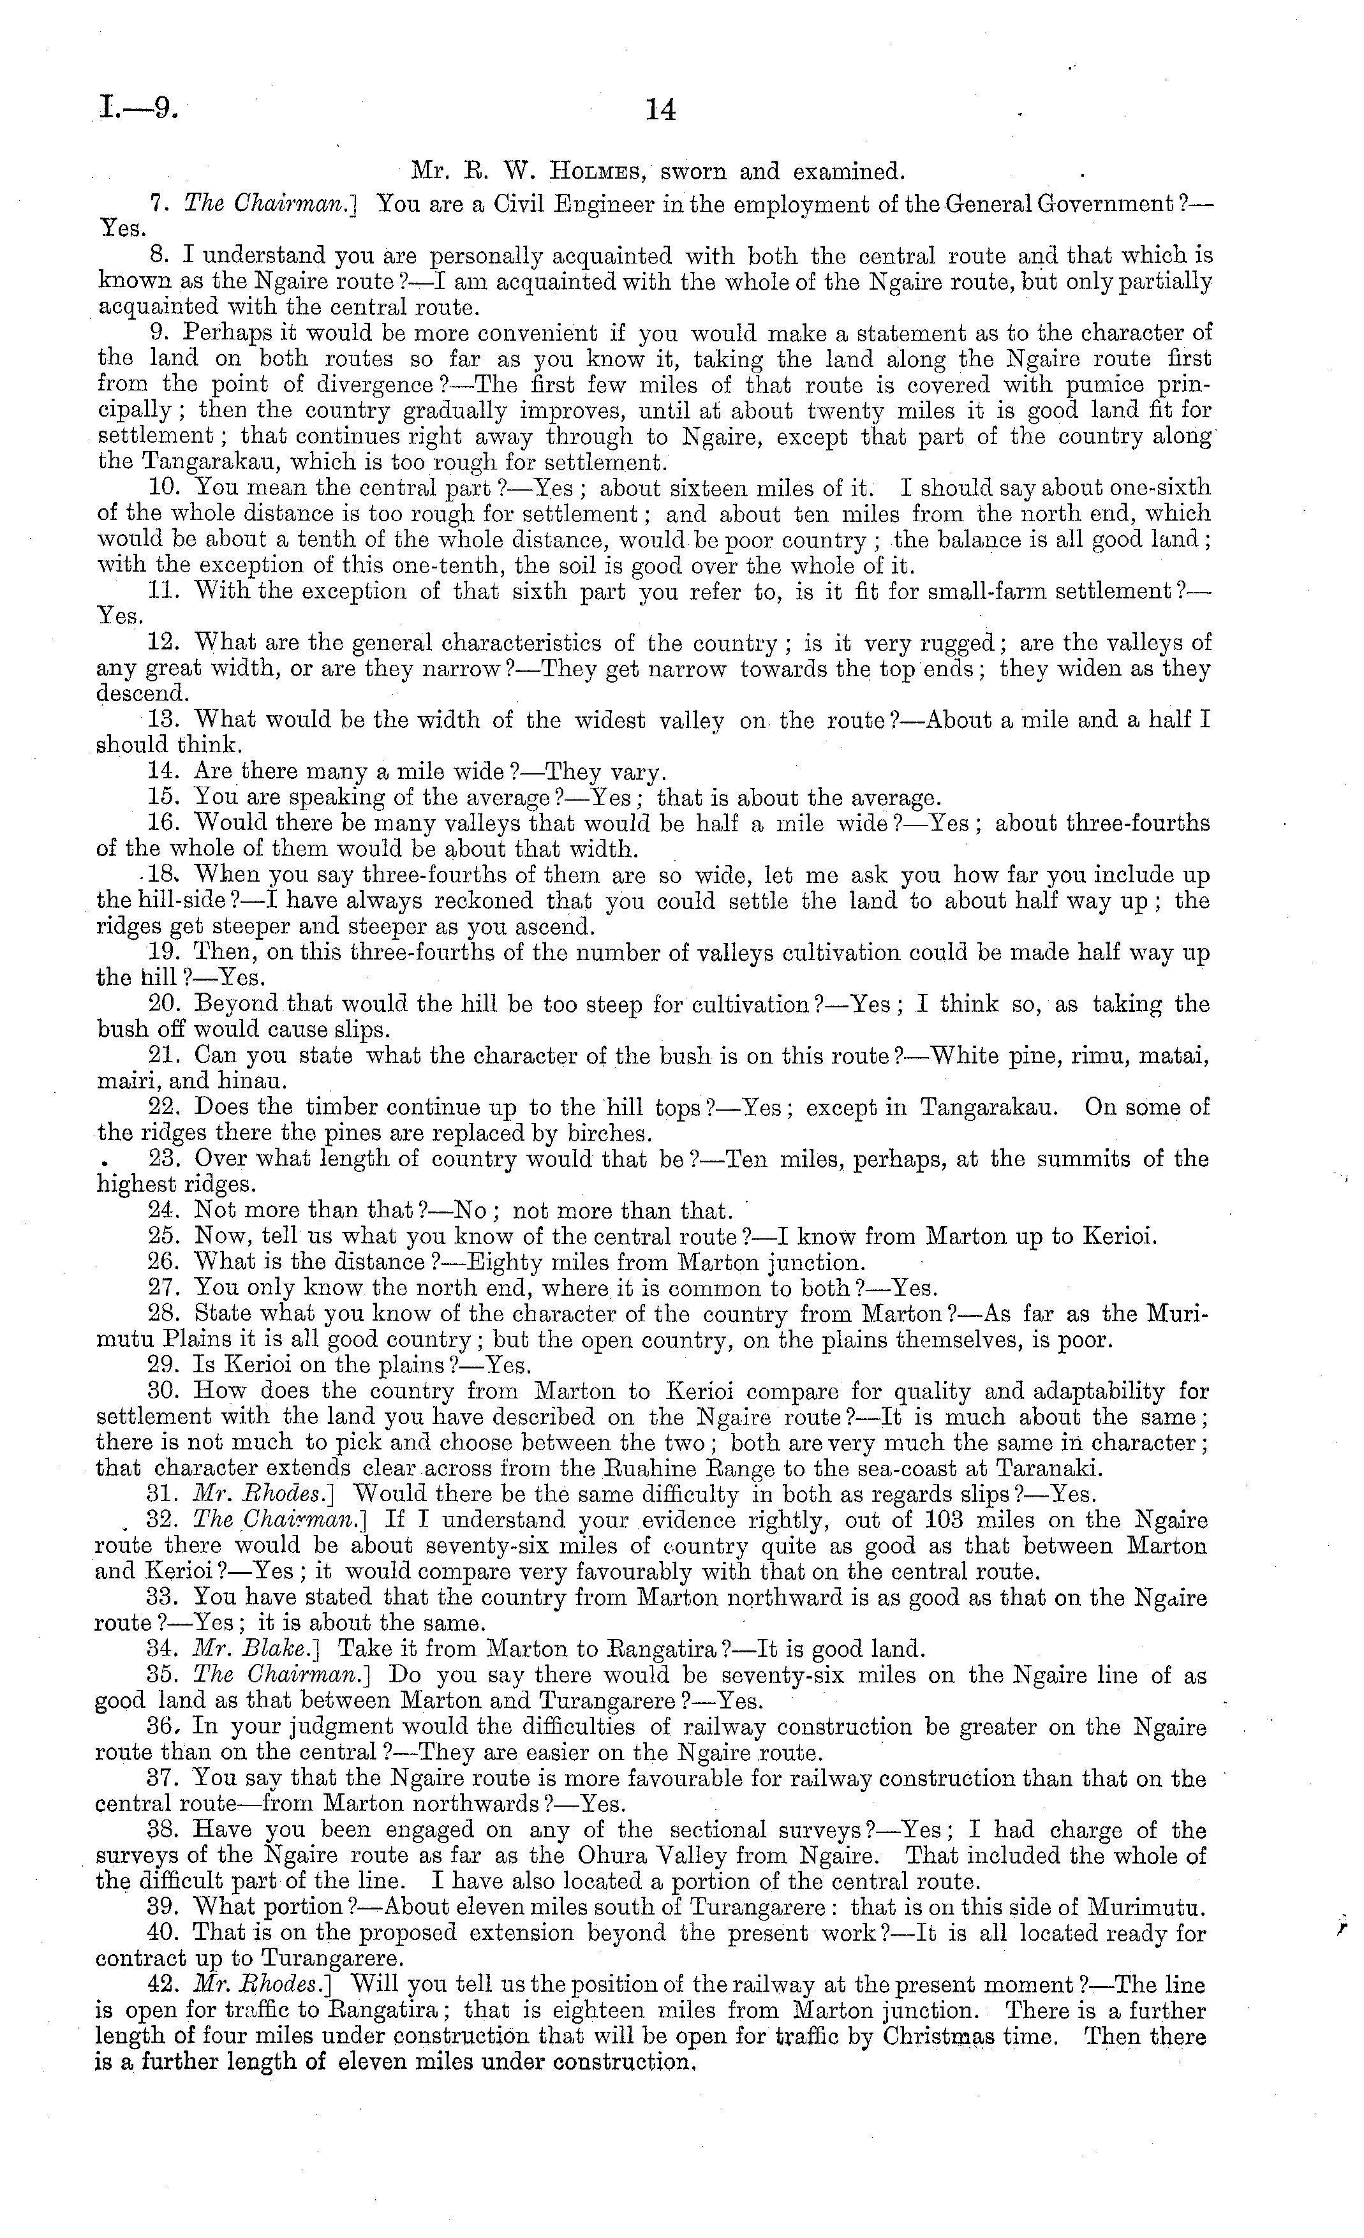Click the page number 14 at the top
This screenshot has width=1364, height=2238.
[x=660, y=111]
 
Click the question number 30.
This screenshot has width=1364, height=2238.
[x=160, y=1391]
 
